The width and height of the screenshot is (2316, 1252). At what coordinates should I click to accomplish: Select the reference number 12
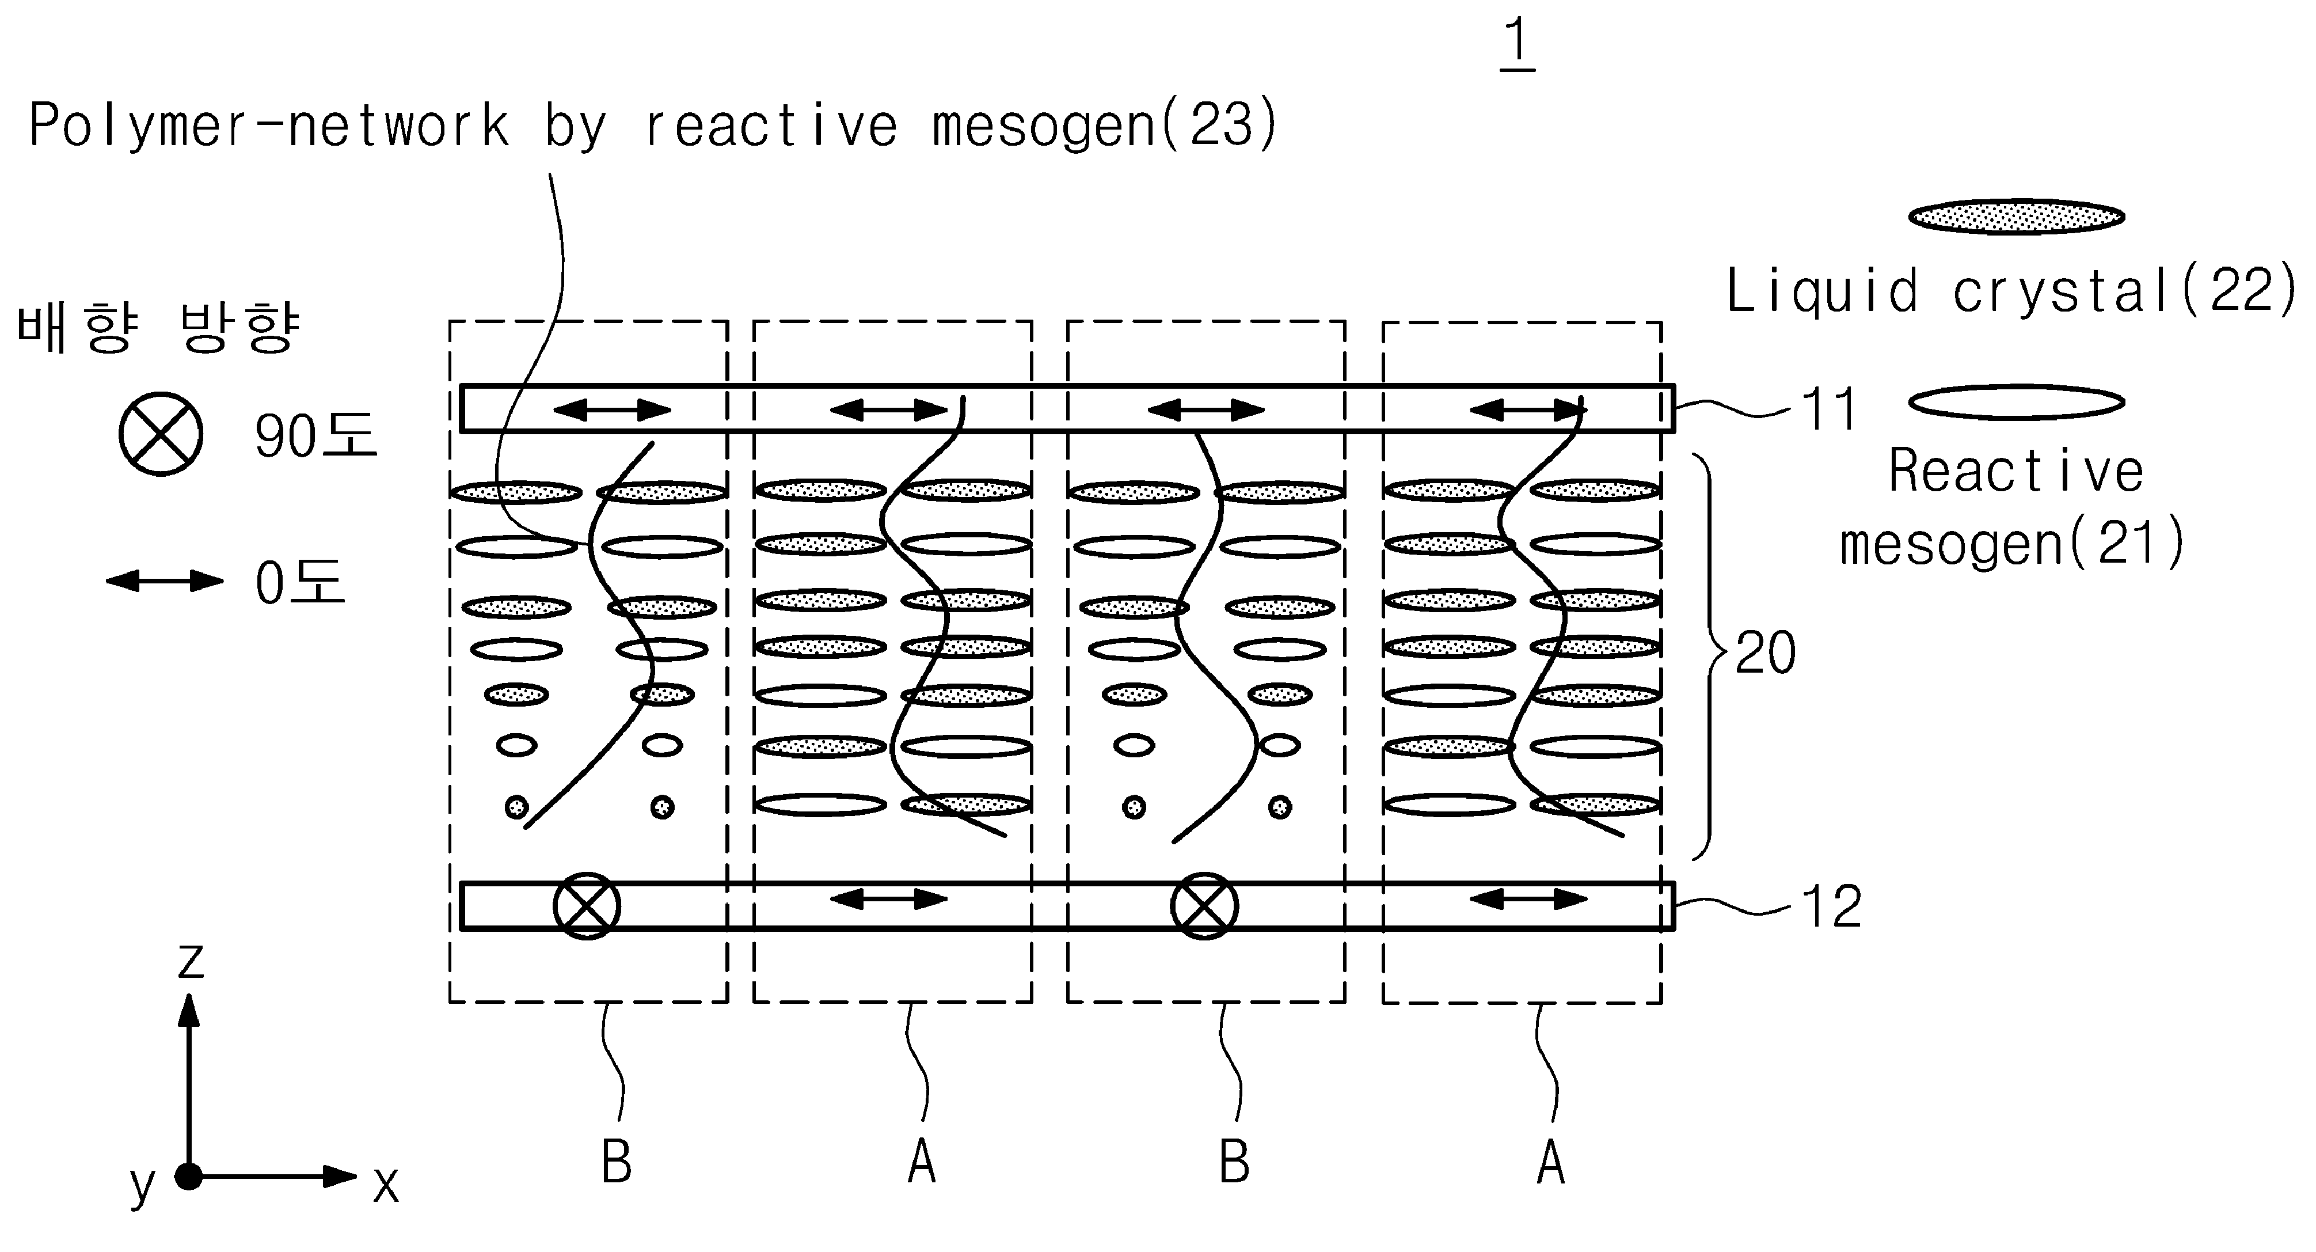tap(1831, 906)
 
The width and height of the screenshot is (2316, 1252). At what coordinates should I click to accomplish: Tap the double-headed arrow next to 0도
tap(165, 581)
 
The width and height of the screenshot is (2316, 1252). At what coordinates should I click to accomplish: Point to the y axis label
tap(142, 1185)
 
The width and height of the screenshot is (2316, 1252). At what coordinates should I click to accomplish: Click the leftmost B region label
tap(617, 1162)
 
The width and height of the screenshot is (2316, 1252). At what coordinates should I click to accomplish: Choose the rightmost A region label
tap(1551, 1162)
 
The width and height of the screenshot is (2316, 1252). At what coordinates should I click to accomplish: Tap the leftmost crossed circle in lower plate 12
tap(586, 906)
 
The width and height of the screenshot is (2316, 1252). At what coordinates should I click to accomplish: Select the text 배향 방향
tap(158, 328)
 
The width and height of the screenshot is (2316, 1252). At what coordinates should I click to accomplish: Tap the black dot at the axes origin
tap(189, 1177)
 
